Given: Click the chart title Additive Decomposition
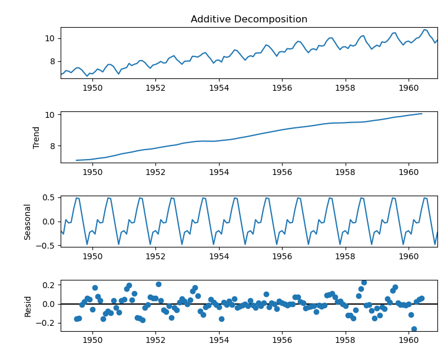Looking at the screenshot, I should [x=248, y=19].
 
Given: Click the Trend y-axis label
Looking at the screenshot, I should [x=36, y=137].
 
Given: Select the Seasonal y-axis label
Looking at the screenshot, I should [x=28, y=222].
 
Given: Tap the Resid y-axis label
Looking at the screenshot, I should [x=28, y=306].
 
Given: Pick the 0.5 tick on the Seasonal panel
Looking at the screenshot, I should [x=49, y=197].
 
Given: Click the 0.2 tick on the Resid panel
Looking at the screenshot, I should [x=49, y=285].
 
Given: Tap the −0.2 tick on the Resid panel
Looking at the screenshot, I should [x=47, y=323].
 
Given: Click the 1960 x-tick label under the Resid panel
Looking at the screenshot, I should [x=409, y=340].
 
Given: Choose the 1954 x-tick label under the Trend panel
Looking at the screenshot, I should [x=219, y=172].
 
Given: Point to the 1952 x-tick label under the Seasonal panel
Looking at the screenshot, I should [x=155, y=256].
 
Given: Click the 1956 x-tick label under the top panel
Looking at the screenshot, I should [x=282, y=88].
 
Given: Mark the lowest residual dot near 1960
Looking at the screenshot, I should [x=414, y=329].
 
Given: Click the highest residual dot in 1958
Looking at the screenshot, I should [x=364, y=282].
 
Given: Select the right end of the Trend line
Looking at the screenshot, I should [x=422, y=114].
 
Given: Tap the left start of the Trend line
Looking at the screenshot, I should [x=77, y=160].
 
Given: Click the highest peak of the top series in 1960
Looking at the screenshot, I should [x=424, y=29].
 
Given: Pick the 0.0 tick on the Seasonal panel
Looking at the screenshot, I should [x=49, y=222].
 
